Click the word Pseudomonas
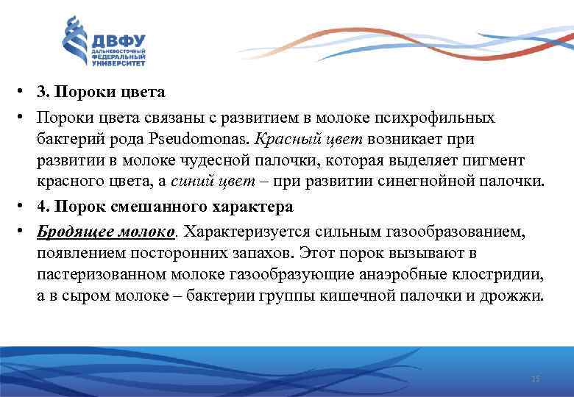[208, 138]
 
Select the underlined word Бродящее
[70, 232]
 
